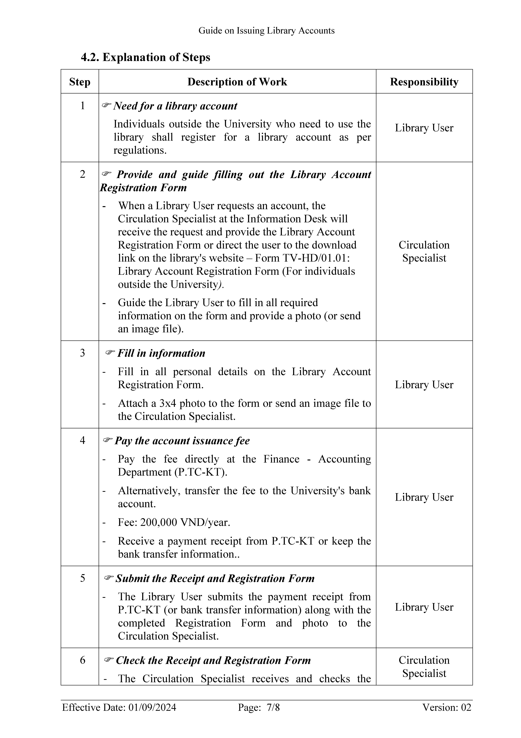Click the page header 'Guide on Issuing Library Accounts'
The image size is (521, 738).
266,31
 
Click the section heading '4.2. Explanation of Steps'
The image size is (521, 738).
145,57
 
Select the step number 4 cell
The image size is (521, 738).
83,440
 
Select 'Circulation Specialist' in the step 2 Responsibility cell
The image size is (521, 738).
424,251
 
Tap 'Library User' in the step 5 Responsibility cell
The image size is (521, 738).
424,607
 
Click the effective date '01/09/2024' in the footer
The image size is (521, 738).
152,707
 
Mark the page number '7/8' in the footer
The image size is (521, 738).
273,707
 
